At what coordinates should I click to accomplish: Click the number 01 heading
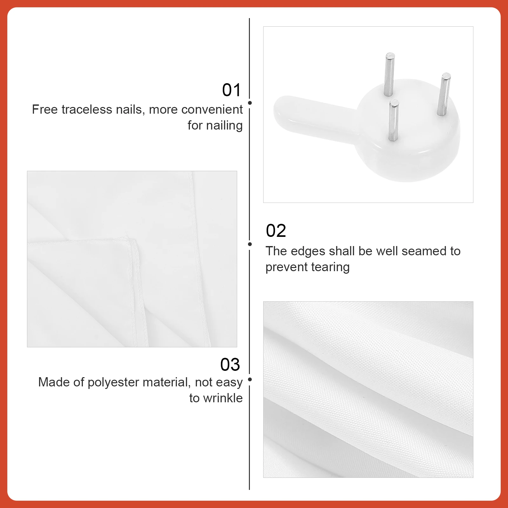click(231, 90)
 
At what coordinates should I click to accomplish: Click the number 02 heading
click(276, 231)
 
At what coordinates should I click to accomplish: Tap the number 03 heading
click(230, 364)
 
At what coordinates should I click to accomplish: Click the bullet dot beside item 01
click(250, 103)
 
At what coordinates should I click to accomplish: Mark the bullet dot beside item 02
click(250, 244)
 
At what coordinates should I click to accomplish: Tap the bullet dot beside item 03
click(250, 379)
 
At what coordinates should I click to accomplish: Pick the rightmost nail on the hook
click(444, 94)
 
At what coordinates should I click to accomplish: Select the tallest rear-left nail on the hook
click(389, 74)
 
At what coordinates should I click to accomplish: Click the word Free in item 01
click(45, 110)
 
